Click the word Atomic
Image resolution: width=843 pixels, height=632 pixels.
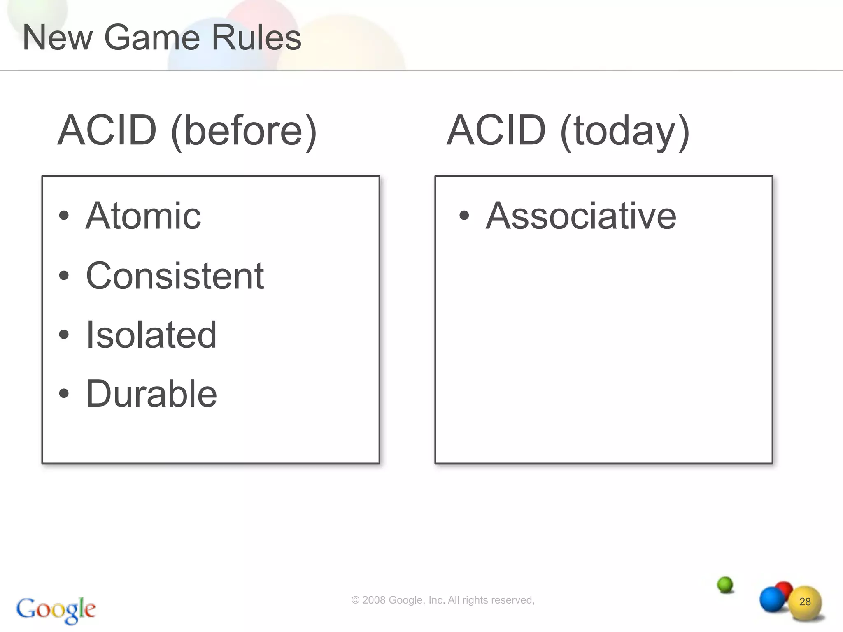pyautogui.click(x=143, y=216)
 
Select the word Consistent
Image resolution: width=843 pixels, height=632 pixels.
pyautogui.click(x=175, y=276)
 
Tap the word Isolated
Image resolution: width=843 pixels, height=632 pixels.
pyautogui.click(x=151, y=335)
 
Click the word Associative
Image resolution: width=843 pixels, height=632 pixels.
pyautogui.click(x=581, y=216)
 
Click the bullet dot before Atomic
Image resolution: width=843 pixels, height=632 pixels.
pyautogui.click(x=64, y=216)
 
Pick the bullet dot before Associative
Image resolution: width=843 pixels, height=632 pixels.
pyautogui.click(x=464, y=216)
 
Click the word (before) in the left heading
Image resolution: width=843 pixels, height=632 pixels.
pyautogui.click(x=244, y=131)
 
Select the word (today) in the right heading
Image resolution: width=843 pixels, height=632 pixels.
pyautogui.click(x=625, y=131)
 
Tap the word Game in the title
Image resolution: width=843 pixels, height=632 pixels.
pyautogui.click(x=152, y=38)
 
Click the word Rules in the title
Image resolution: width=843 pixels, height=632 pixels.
pyautogui.click(x=256, y=38)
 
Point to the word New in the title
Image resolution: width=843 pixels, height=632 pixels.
pyautogui.click(x=58, y=38)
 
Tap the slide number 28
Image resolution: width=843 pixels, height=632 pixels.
pyautogui.click(x=805, y=602)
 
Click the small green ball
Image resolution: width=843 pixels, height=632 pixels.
pyautogui.click(x=725, y=584)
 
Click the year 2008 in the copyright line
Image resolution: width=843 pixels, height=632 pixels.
pyautogui.click(x=374, y=600)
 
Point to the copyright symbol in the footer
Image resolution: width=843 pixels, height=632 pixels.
pyautogui.click(x=355, y=600)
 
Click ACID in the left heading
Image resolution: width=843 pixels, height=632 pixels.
pyautogui.click(x=107, y=131)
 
